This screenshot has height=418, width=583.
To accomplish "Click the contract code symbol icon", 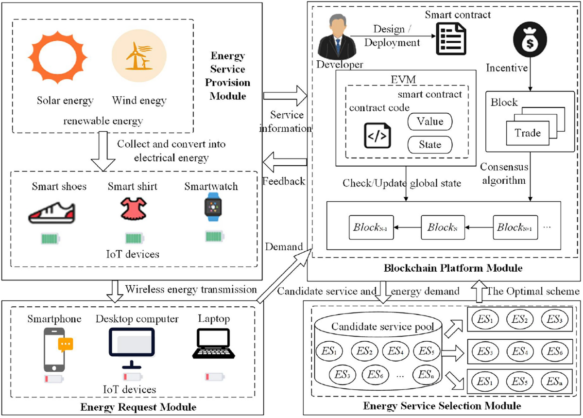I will coord(377,135).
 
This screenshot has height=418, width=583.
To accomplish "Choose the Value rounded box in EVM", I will coord(429,122).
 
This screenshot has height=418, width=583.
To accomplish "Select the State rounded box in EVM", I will coord(429,144).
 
